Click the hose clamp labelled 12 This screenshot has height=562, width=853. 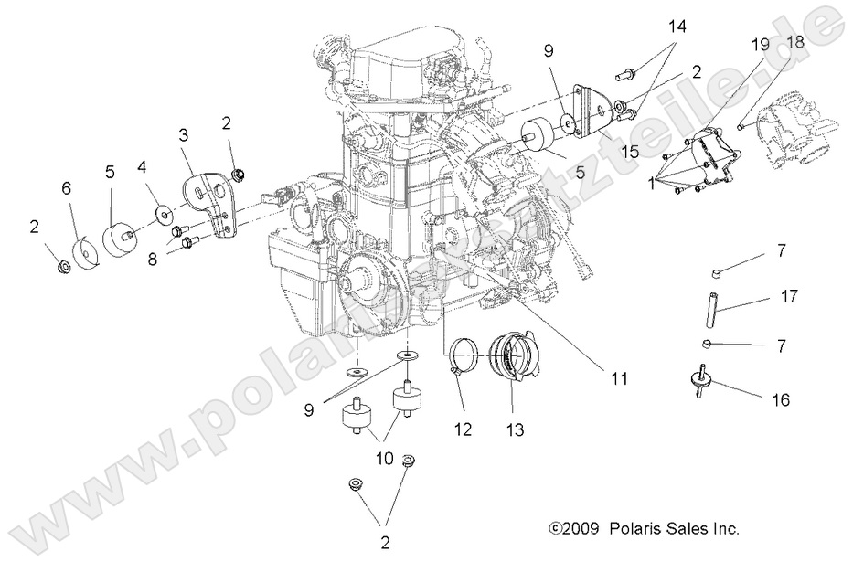click(466, 352)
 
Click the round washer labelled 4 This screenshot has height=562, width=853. click(162, 215)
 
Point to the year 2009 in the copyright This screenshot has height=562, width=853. click(574, 528)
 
